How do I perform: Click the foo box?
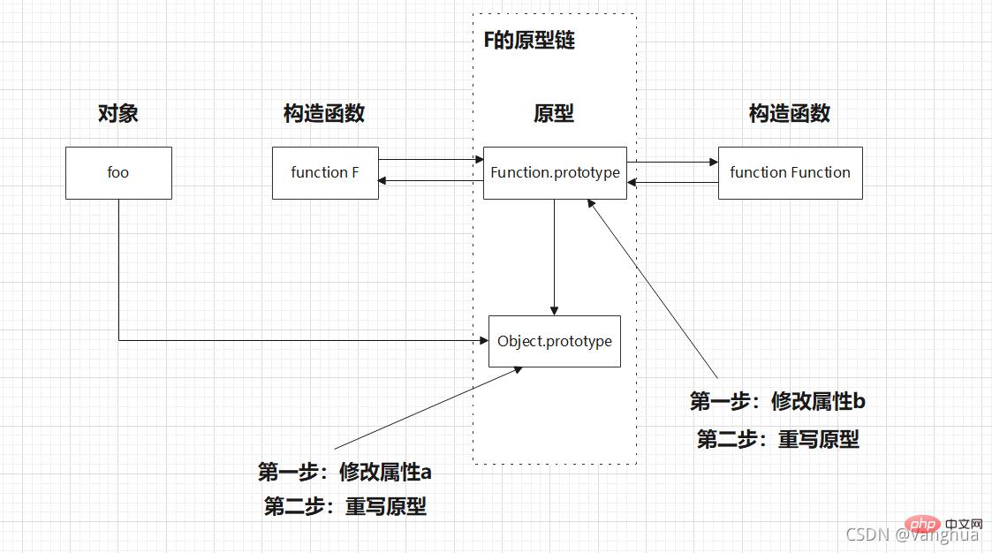(118, 173)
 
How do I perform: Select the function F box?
(325, 173)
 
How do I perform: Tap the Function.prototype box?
(555, 173)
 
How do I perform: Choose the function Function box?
(790, 173)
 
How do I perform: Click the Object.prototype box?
(555, 342)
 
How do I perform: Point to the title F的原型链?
(529, 41)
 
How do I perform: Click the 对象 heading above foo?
(117, 114)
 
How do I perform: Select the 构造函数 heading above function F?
(324, 114)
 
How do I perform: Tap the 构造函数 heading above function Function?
(790, 114)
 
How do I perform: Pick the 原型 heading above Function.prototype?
(554, 114)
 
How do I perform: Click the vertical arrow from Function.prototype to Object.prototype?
(555, 256)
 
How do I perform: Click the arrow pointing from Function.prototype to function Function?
(672, 163)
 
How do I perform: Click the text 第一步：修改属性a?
(345, 473)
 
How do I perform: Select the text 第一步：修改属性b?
(777, 402)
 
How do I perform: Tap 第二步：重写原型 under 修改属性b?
(777, 439)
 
